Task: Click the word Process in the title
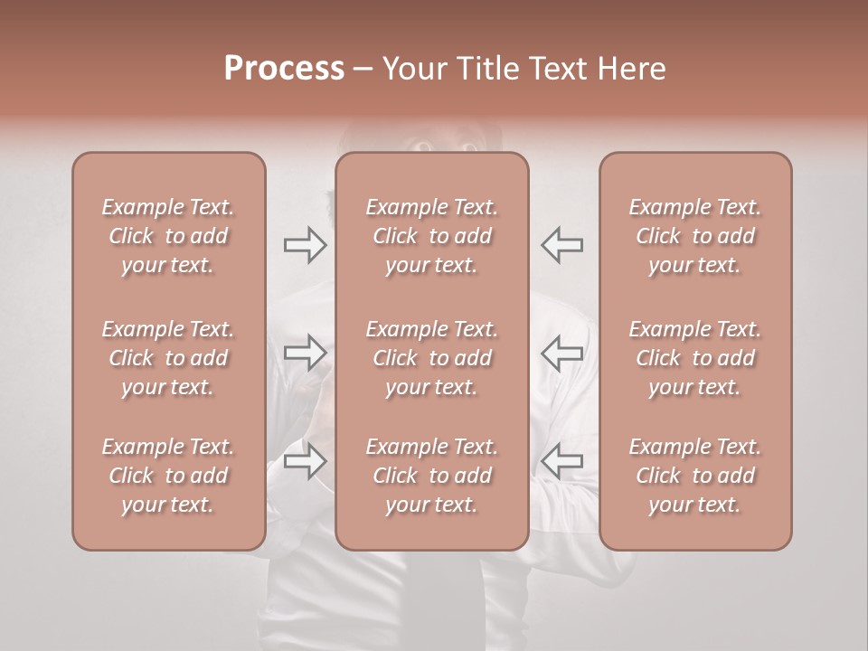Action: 284,69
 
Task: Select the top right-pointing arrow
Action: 306,244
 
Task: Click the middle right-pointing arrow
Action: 306,353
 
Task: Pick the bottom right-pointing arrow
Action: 306,462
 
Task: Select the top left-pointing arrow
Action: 561,244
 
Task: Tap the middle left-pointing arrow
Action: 561,353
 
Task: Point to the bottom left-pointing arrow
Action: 561,461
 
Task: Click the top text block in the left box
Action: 168,236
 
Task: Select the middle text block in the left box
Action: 168,358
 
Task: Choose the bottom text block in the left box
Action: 168,476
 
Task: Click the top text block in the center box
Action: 431,236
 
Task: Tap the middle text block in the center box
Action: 431,358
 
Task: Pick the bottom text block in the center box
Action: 431,476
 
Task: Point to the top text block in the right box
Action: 695,236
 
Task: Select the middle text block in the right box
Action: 695,358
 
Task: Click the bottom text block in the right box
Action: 695,476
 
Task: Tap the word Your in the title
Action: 415,69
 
